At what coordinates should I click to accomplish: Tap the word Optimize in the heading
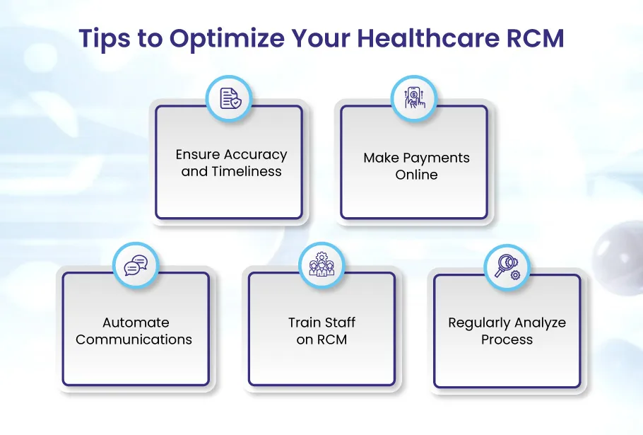coord(228,39)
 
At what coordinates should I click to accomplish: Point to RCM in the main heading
coord(536,37)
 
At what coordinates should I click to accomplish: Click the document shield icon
coord(230,98)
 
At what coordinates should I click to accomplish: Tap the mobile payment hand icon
coord(415,98)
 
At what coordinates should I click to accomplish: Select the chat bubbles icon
coord(136,265)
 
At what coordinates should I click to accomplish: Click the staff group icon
coord(321,265)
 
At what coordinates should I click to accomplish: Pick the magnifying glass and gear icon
coord(507,267)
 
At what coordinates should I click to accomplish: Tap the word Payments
coord(436,158)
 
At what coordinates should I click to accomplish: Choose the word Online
coord(416,175)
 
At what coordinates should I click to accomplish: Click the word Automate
coord(136,323)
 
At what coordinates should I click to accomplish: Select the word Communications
coord(134,340)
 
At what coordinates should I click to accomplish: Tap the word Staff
coord(338,323)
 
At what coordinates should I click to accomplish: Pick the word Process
coord(507,340)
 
